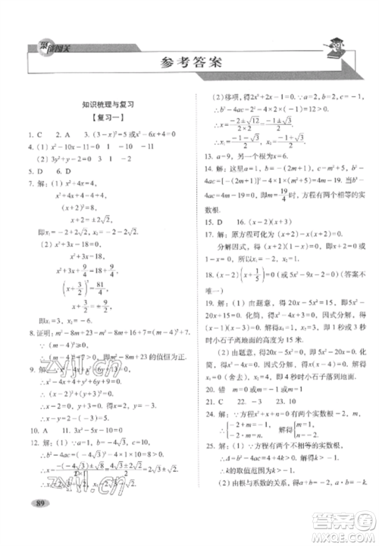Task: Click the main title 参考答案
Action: point(189,63)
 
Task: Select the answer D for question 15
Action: point(225,244)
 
